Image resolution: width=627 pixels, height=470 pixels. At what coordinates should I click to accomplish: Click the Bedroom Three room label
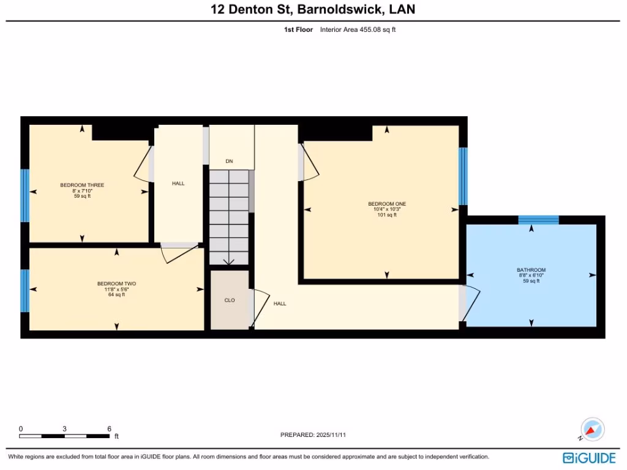pyautogui.click(x=82, y=185)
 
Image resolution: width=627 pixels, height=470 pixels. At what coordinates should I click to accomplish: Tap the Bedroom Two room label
pyautogui.click(x=116, y=283)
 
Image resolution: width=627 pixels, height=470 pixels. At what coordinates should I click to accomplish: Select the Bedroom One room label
pyautogui.click(x=387, y=204)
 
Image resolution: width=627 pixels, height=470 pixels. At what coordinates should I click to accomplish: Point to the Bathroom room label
pyautogui.click(x=531, y=270)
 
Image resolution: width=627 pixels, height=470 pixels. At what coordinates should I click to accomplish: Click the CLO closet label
pyautogui.click(x=230, y=300)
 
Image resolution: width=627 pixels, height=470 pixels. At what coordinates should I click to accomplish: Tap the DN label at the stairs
pyautogui.click(x=229, y=162)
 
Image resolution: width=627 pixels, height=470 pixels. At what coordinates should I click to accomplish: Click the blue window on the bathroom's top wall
pyautogui.click(x=538, y=220)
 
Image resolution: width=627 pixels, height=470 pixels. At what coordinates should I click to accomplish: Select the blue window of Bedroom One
pyautogui.click(x=463, y=176)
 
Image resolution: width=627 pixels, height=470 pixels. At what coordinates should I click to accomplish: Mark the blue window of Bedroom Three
pyautogui.click(x=25, y=195)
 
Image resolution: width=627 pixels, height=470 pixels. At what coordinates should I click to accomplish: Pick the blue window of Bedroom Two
pyautogui.click(x=25, y=291)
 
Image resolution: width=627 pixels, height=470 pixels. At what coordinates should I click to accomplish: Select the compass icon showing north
pyautogui.click(x=593, y=430)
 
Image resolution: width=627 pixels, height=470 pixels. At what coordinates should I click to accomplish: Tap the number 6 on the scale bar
pyautogui.click(x=109, y=428)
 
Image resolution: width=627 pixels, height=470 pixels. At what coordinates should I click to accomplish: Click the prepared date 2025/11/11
pyautogui.click(x=336, y=435)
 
